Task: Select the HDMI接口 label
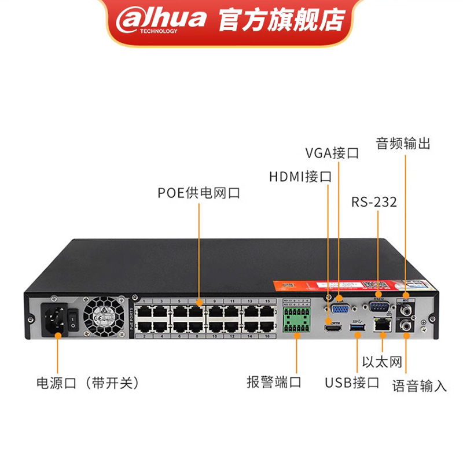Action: tap(300, 177)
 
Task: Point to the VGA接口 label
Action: tap(332, 153)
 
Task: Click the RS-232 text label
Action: tap(374, 202)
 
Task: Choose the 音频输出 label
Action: tap(403, 144)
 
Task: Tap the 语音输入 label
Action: tap(420, 385)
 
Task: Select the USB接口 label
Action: tap(352, 383)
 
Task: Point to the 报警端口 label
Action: tap(274, 383)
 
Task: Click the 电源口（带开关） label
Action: tap(88, 383)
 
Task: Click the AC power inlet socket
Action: tap(52, 320)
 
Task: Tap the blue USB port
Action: tap(356, 328)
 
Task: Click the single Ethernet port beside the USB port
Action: tap(381, 325)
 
